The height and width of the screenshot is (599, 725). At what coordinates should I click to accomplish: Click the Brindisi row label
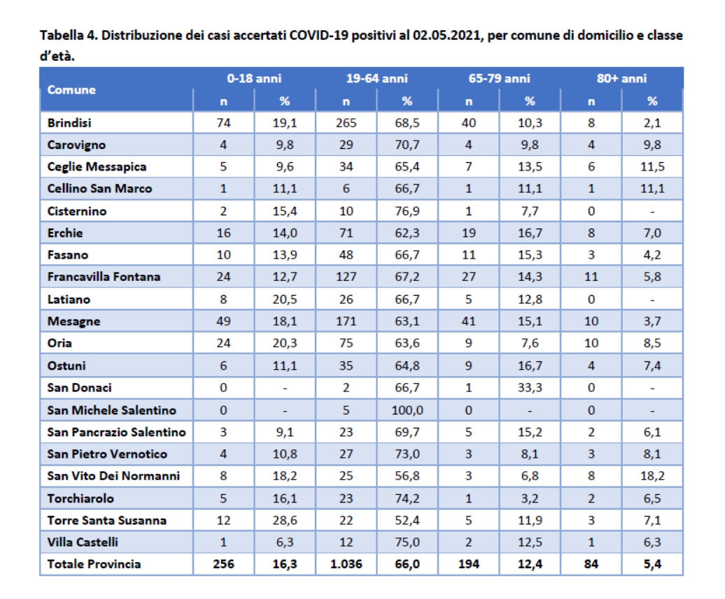pyautogui.click(x=70, y=123)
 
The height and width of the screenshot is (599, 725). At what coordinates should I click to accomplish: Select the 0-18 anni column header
pyautogui.click(x=254, y=79)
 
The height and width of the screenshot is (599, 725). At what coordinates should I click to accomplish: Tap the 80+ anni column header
pyautogui.click(x=621, y=79)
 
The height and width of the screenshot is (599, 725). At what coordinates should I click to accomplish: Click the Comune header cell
pyautogui.click(x=72, y=90)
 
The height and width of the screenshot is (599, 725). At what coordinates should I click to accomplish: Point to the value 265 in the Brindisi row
pyautogui.click(x=346, y=123)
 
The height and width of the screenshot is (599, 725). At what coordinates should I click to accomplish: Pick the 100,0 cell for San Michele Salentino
pyautogui.click(x=407, y=410)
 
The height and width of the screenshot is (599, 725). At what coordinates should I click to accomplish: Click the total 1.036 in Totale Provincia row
pyautogui.click(x=346, y=564)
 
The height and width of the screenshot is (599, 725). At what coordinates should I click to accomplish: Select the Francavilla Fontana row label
pyautogui.click(x=104, y=277)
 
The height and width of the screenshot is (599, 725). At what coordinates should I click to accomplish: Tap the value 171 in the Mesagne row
pyautogui.click(x=346, y=322)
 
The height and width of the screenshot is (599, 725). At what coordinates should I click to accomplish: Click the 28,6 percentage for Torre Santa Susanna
pyautogui.click(x=284, y=521)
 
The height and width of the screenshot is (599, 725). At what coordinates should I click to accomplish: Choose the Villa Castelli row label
pyautogui.click(x=83, y=542)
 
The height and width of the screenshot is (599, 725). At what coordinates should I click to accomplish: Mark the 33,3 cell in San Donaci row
pyautogui.click(x=530, y=388)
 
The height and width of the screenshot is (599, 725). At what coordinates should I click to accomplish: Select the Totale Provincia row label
pyautogui.click(x=94, y=564)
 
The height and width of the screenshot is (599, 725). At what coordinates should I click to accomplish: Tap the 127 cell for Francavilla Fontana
pyautogui.click(x=346, y=277)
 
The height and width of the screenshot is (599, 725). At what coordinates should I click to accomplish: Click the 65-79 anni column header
pyautogui.click(x=499, y=79)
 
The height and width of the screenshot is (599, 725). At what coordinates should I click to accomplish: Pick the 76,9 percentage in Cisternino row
pyautogui.click(x=407, y=211)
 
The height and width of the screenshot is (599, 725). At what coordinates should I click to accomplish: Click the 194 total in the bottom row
pyautogui.click(x=469, y=564)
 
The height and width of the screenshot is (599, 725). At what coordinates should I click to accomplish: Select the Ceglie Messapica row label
pyautogui.click(x=97, y=167)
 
